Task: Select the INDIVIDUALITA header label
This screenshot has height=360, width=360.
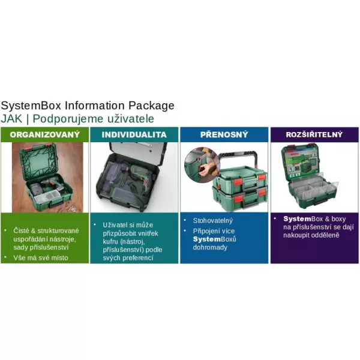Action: click(x=134, y=134)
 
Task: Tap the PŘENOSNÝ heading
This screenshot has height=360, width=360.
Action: click(x=223, y=134)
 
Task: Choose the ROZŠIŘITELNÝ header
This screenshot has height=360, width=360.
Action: click(x=314, y=134)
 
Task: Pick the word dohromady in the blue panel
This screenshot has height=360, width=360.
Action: click(x=211, y=247)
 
